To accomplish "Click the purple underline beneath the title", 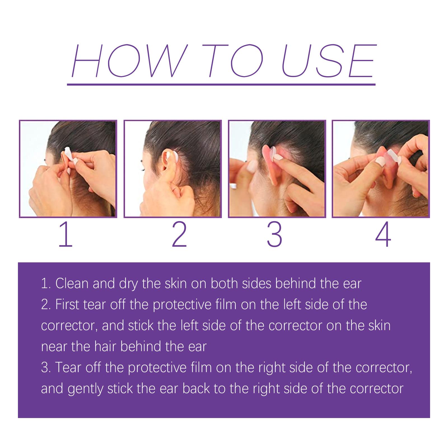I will coord(221,84).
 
